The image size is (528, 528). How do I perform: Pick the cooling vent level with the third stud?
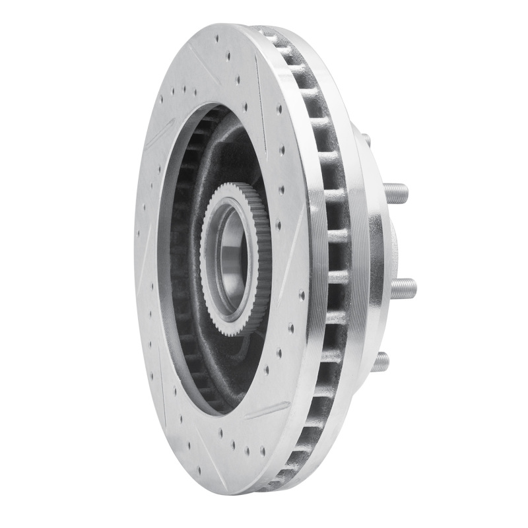pos(337,288)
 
